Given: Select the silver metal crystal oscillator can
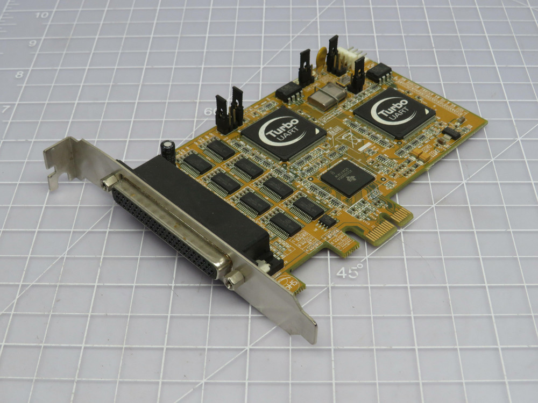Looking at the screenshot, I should (327, 97).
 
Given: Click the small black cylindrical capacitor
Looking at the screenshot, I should (168, 150).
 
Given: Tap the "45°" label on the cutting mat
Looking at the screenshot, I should (350, 272).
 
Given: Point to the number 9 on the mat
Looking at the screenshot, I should (32, 43).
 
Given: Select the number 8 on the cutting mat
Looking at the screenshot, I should (19, 75).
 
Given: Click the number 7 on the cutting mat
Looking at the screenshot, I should (6, 110).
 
